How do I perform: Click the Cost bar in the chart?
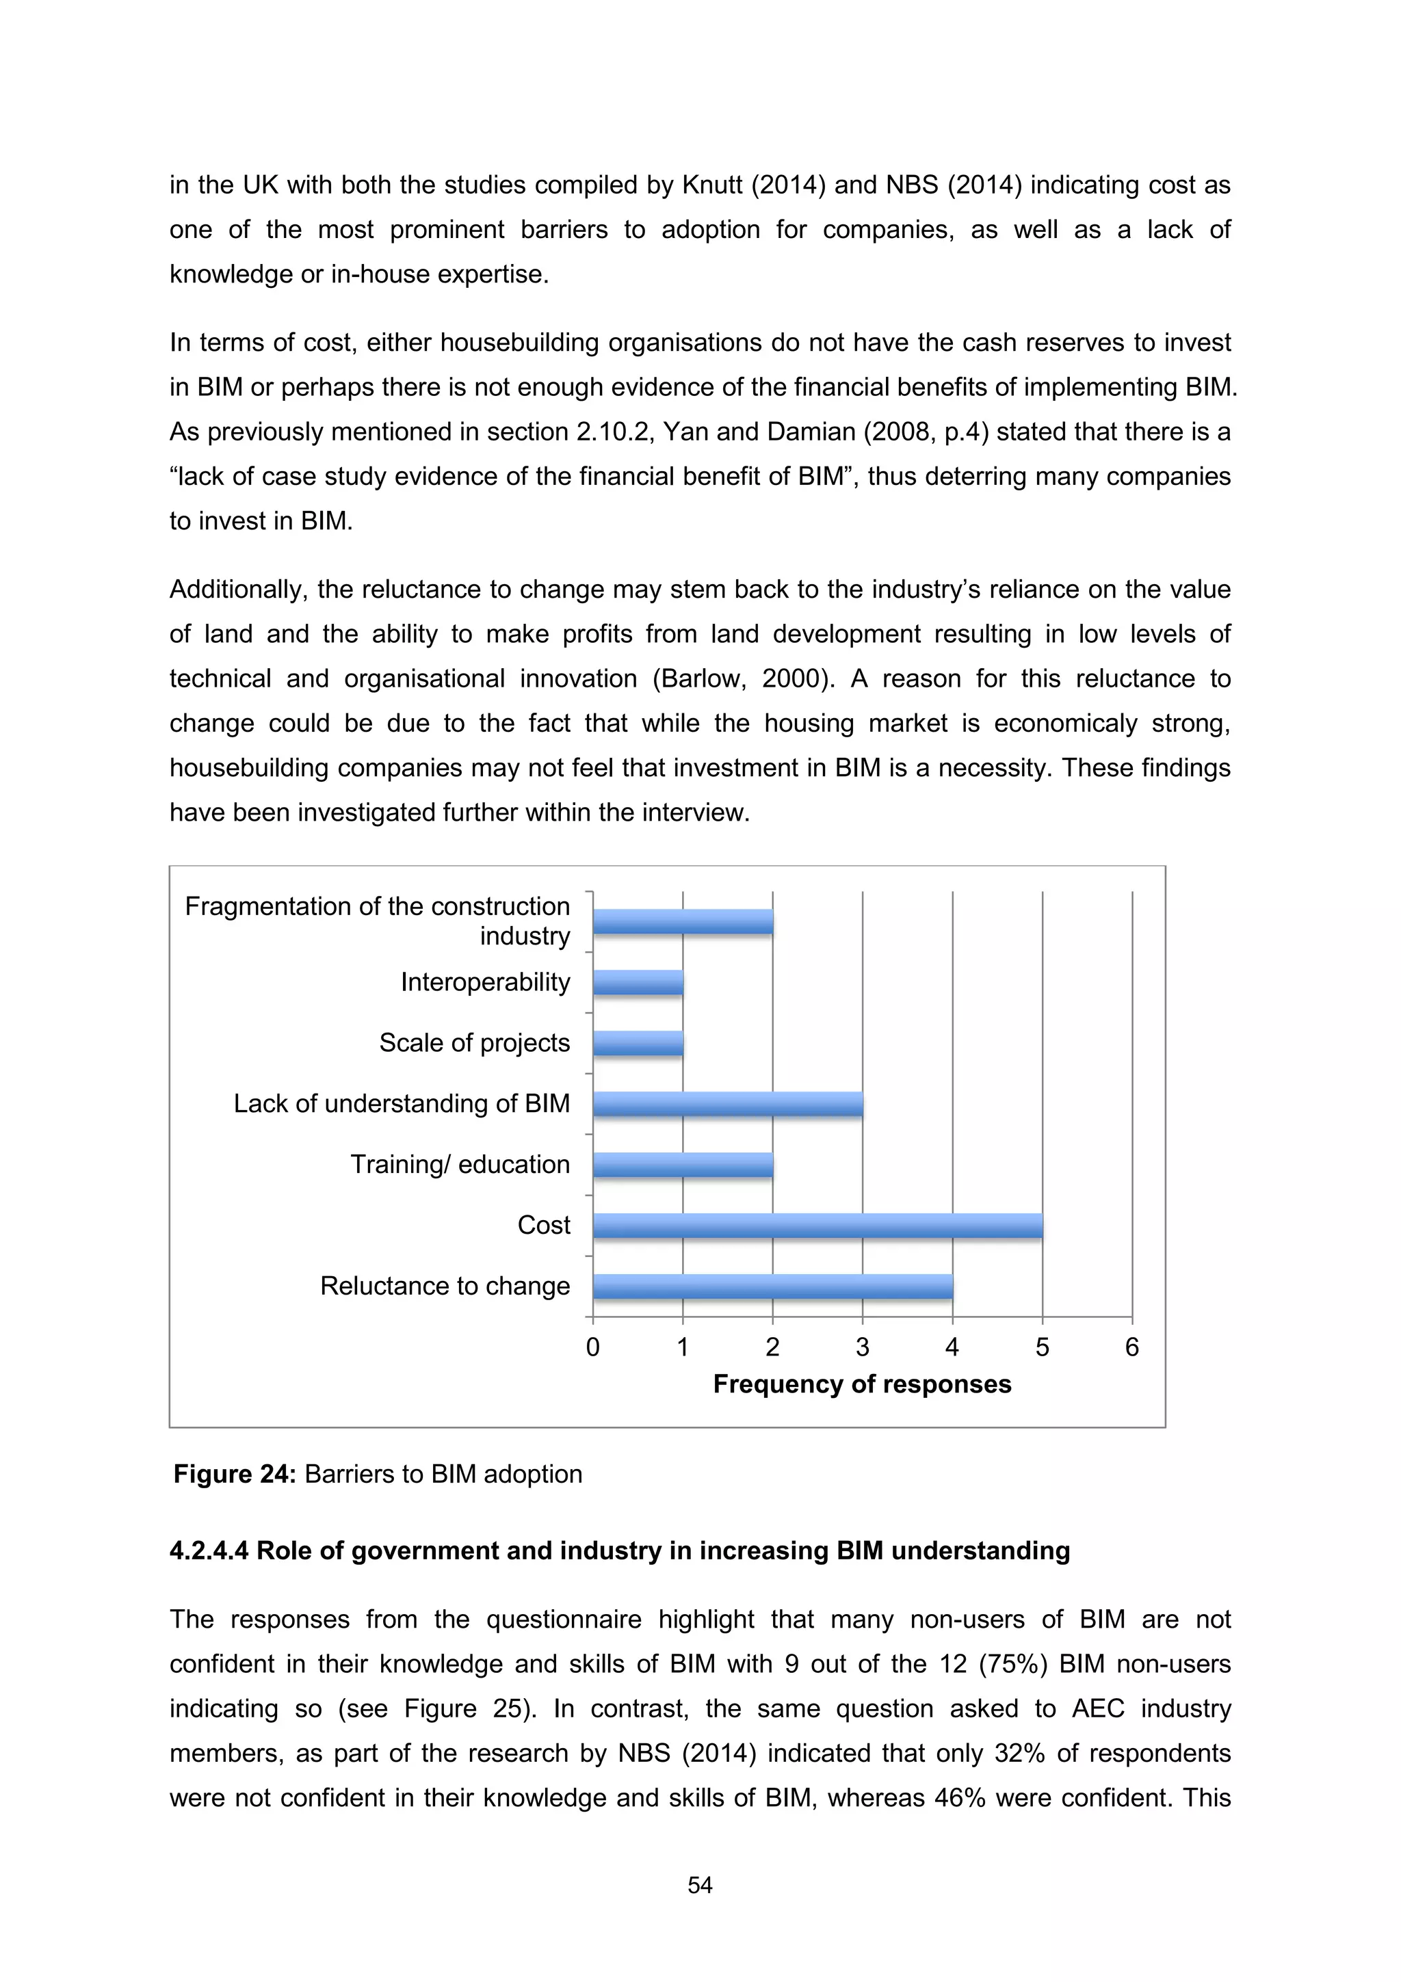pos(817,1225)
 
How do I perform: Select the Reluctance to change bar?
pos(772,1286)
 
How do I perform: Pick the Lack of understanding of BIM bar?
pos(728,1104)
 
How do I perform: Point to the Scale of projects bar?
pos(638,1044)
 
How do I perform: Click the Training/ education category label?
pos(460,1165)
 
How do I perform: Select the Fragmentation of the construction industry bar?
pos(683,922)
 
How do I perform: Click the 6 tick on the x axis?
pos(1131,1347)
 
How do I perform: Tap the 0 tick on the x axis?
pos(593,1347)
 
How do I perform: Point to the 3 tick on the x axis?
pos(863,1347)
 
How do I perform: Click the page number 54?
pos(700,1886)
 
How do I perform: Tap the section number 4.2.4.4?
pos(209,1551)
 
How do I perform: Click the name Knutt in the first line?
pos(713,185)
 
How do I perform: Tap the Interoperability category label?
pos(485,982)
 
